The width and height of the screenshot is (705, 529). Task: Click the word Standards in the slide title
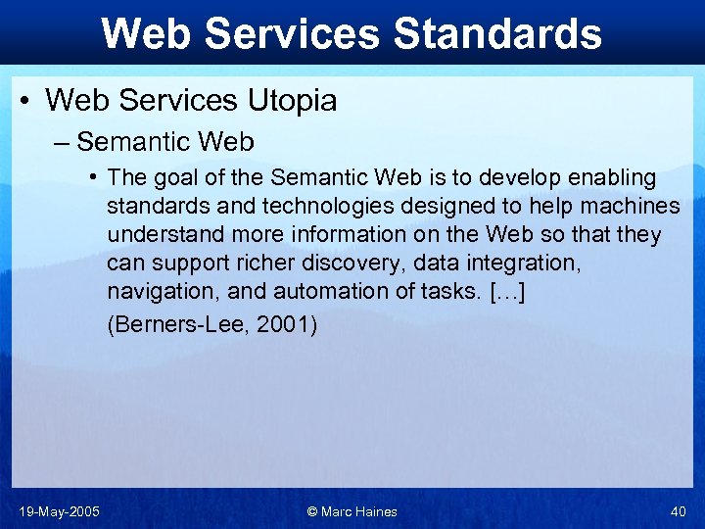tap(496, 33)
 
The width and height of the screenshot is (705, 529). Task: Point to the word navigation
tap(160, 292)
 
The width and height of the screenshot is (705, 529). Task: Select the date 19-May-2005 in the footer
tap(58, 511)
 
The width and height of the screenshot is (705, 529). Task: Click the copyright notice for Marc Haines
tap(352, 511)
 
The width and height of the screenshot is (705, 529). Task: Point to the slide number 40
tap(679, 511)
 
